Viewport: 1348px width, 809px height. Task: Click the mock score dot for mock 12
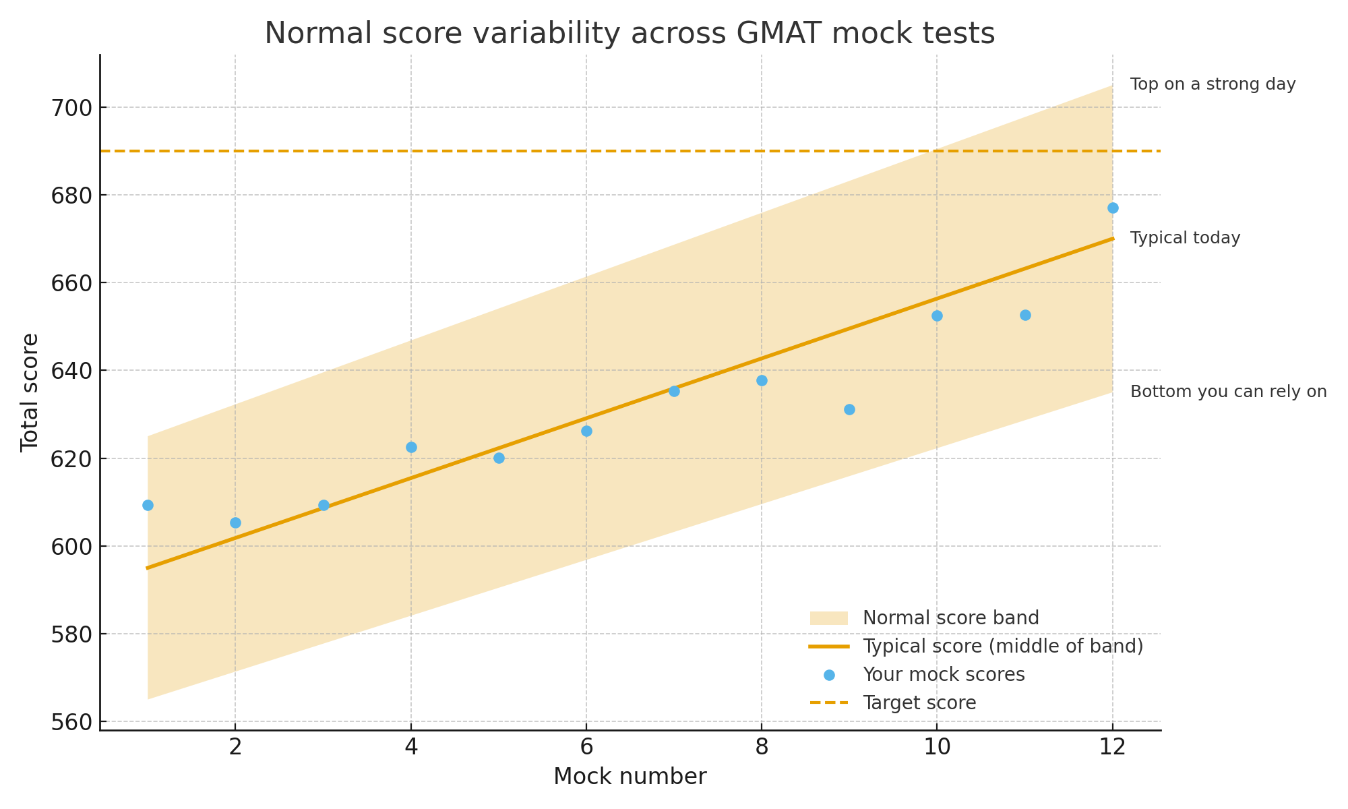point(1113,208)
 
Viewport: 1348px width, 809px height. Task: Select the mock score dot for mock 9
point(849,409)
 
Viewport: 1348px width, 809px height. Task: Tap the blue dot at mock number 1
point(148,505)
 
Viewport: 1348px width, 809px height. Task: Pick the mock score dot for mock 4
point(411,447)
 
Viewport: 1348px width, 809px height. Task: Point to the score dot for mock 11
point(1025,315)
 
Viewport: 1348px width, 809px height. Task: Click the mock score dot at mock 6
point(586,431)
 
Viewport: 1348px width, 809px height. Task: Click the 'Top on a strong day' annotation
point(1213,85)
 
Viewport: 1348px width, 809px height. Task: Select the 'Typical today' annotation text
point(1185,239)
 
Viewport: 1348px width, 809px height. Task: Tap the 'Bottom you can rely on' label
point(1228,392)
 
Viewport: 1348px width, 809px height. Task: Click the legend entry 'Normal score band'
point(950,618)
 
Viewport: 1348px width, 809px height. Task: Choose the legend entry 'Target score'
point(919,703)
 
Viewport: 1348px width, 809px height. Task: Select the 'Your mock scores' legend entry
point(943,675)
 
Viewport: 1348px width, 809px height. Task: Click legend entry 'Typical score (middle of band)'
point(1002,647)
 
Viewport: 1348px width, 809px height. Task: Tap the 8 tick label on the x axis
point(762,747)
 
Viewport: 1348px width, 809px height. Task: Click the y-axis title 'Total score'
point(30,392)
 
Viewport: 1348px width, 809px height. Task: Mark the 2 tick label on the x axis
point(235,747)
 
